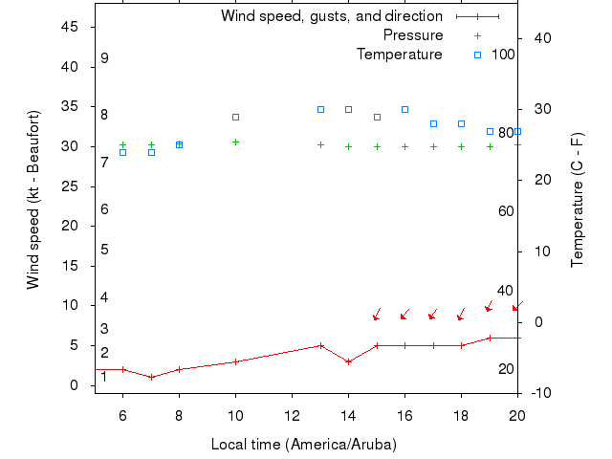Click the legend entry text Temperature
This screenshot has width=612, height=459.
click(399, 55)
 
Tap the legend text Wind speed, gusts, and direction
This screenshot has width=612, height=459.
click(331, 16)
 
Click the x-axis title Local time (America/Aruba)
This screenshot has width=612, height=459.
click(303, 445)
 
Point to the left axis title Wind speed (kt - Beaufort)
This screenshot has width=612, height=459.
click(33, 199)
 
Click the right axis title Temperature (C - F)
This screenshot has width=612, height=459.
click(578, 199)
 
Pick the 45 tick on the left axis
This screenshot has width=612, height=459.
click(70, 27)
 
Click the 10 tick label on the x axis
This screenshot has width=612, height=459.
click(235, 414)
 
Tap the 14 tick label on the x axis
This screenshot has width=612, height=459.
click(348, 414)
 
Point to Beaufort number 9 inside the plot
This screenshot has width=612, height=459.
click(104, 58)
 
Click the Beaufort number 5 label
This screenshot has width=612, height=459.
click(104, 250)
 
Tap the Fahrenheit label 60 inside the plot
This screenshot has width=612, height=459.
click(506, 211)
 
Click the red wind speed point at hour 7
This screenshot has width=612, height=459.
click(151, 377)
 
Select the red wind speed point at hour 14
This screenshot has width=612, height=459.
click(348, 361)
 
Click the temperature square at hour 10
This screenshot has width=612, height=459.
click(235, 117)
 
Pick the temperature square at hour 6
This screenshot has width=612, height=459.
click(122, 152)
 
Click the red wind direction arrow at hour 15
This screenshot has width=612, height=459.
click(377, 315)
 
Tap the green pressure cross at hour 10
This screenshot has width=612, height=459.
click(235, 142)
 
